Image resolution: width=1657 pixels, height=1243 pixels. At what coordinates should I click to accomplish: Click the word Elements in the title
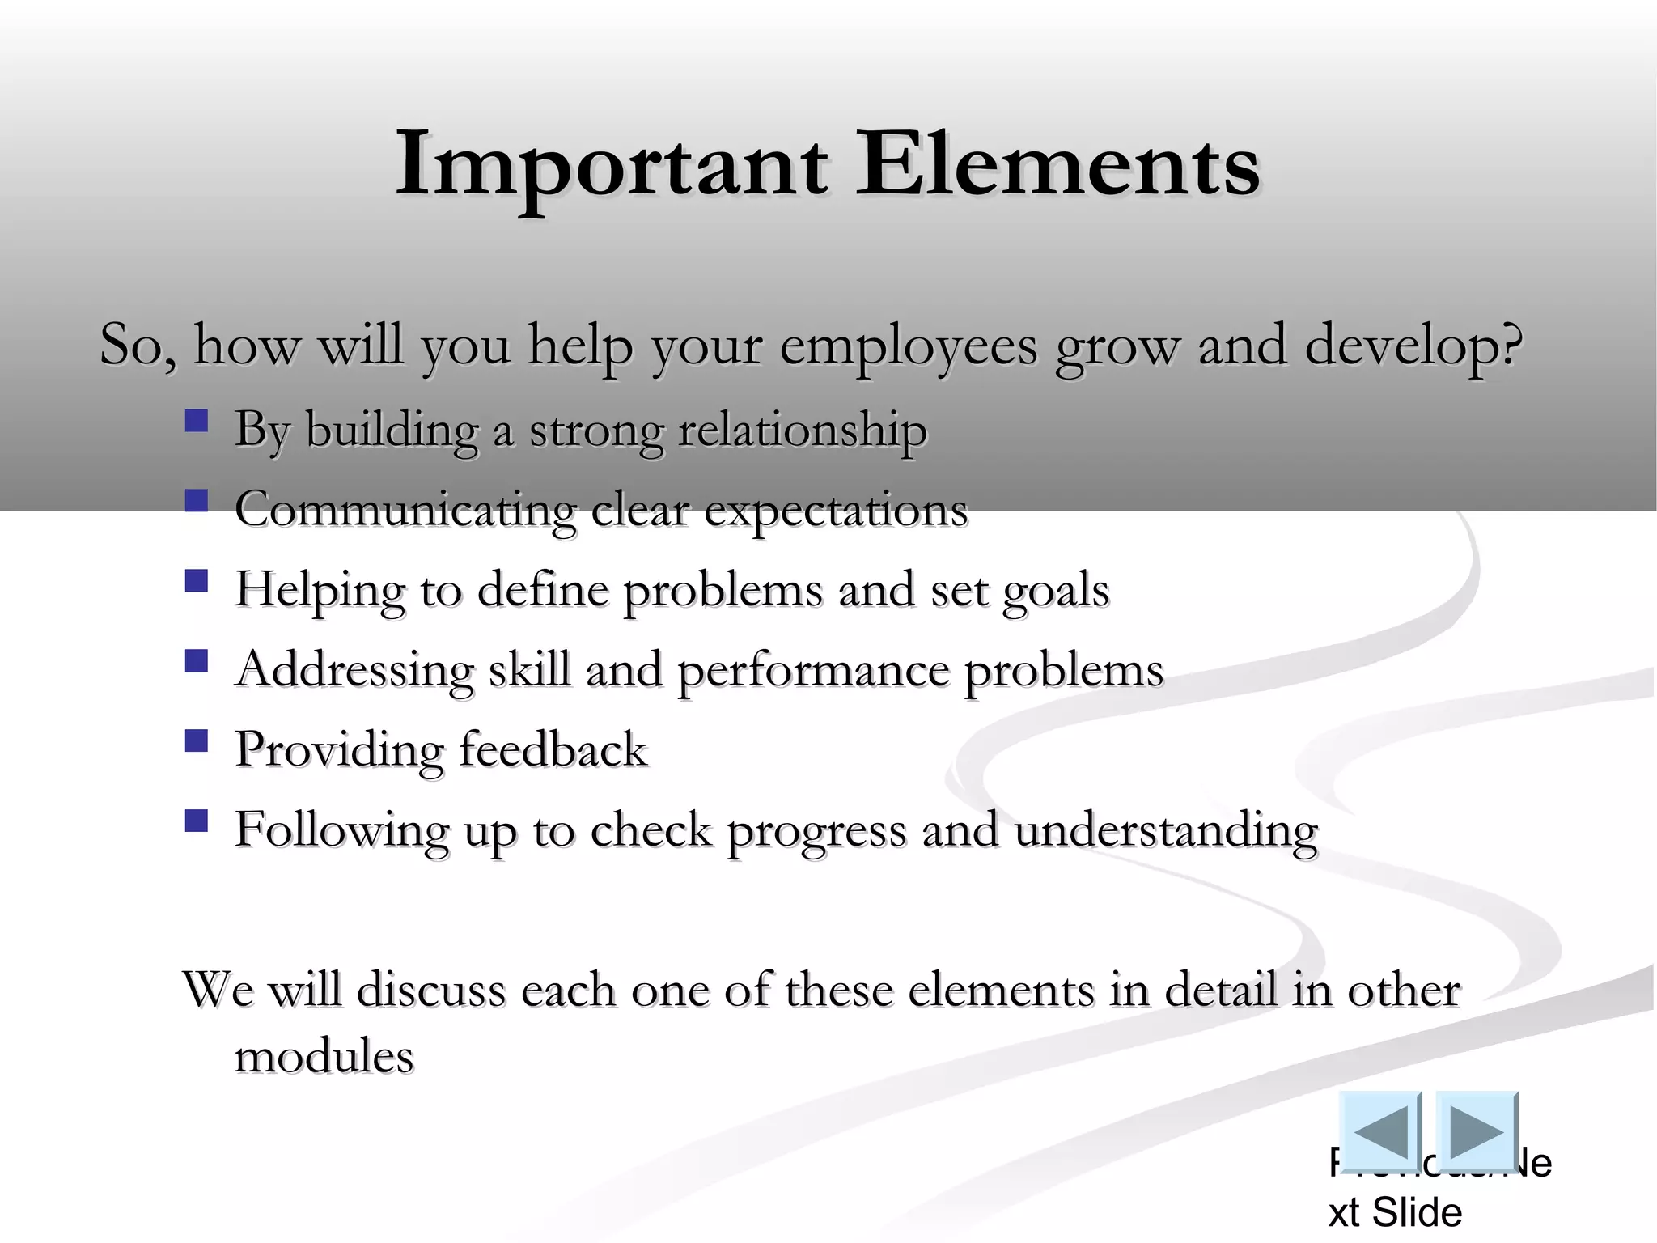(1057, 166)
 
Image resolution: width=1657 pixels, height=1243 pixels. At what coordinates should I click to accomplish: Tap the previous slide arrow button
(1380, 1131)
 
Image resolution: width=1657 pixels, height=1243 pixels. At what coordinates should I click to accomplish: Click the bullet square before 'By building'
(197, 421)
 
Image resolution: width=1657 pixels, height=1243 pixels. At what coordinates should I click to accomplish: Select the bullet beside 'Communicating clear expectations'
(197, 501)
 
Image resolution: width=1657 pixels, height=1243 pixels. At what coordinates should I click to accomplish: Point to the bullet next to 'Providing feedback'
(197, 741)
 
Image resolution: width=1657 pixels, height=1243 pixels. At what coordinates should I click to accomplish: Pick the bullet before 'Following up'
(197, 821)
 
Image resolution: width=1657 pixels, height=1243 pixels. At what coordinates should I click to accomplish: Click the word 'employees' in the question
(908, 346)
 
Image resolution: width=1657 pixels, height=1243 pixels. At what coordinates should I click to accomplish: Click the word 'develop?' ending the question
(1413, 346)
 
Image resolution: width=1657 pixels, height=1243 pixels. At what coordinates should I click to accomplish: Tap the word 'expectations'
(836, 511)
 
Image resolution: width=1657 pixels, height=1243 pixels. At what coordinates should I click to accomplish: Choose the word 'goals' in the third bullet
(1056, 591)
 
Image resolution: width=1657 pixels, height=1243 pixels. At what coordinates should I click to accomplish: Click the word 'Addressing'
(354, 671)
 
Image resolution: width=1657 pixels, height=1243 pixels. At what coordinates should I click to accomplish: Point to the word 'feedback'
(553, 749)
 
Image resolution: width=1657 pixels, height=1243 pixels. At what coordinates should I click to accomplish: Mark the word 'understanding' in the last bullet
(1165, 831)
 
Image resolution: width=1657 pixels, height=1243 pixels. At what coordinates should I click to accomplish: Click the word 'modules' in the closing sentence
(324, 1056)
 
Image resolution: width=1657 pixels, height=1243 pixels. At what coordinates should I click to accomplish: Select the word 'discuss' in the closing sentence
(431, 990)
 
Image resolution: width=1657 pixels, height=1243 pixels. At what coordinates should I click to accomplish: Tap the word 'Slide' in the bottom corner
(1418, 1212)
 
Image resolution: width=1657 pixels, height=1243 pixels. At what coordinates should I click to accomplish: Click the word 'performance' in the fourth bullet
(812, 671)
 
